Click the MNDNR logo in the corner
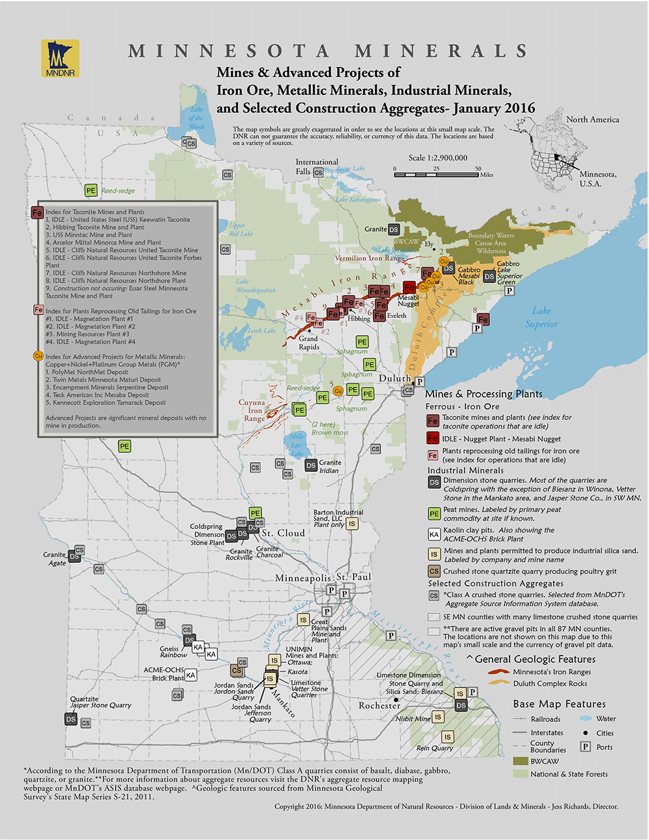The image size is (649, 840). pos(60,59)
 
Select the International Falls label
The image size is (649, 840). pos(317,167)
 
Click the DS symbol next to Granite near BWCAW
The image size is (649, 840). pos(394,229)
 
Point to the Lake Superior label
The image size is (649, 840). pos(541,317)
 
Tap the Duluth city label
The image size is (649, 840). pos(395,378)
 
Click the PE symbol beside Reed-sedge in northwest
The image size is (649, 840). pos(91,191)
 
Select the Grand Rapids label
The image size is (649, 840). pos(308,342)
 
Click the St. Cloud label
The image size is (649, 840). pos(282,533)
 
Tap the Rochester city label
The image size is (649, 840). pos(379,705)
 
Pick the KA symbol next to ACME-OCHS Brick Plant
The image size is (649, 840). pos(190,675)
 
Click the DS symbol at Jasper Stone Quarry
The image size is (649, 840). pos(71,719)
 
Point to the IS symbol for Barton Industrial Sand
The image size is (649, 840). pos(352,524)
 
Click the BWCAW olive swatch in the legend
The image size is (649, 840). pos(520,761)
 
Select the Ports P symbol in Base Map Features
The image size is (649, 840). pos(585,747)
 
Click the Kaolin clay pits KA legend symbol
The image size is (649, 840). pos(434,534)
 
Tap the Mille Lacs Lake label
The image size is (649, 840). pos(297,445)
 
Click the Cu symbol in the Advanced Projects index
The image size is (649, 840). pos(38,356)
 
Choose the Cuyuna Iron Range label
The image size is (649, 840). pos(252,410)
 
